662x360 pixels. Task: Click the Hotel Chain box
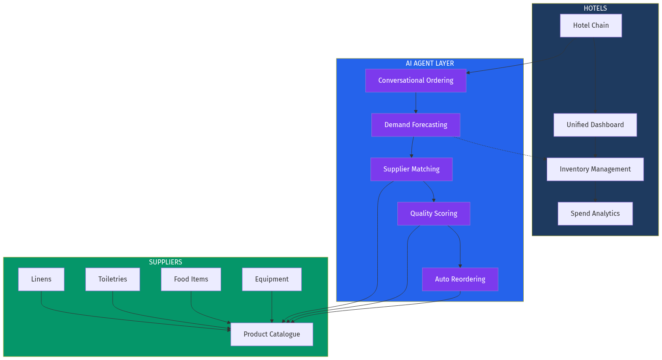[591, 26]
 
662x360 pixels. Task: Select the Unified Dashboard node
[595, 125]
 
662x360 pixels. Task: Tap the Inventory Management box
[595, 169]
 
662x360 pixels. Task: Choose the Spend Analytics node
[595, 214]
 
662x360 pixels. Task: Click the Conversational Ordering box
[416, 81]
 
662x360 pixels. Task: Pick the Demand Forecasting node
[416, 125]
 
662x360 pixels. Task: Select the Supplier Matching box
[411, 169]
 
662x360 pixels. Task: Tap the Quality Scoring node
[434, 214]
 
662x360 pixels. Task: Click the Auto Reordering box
[460, 279]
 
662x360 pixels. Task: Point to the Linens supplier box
[41, 279]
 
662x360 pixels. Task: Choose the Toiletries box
[113, 279]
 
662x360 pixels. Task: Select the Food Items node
[191, 279]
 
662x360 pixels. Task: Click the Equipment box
[272, 279]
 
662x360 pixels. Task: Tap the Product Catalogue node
[272, 334]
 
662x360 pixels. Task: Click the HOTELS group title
[595, 8]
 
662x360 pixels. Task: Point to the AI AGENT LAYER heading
[430, 63]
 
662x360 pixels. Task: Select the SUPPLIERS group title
[166, 262]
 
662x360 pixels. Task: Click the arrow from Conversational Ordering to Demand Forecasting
[416, 103]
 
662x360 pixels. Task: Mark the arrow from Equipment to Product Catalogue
[272, 307]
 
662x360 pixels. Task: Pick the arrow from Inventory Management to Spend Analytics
[595, 192]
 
